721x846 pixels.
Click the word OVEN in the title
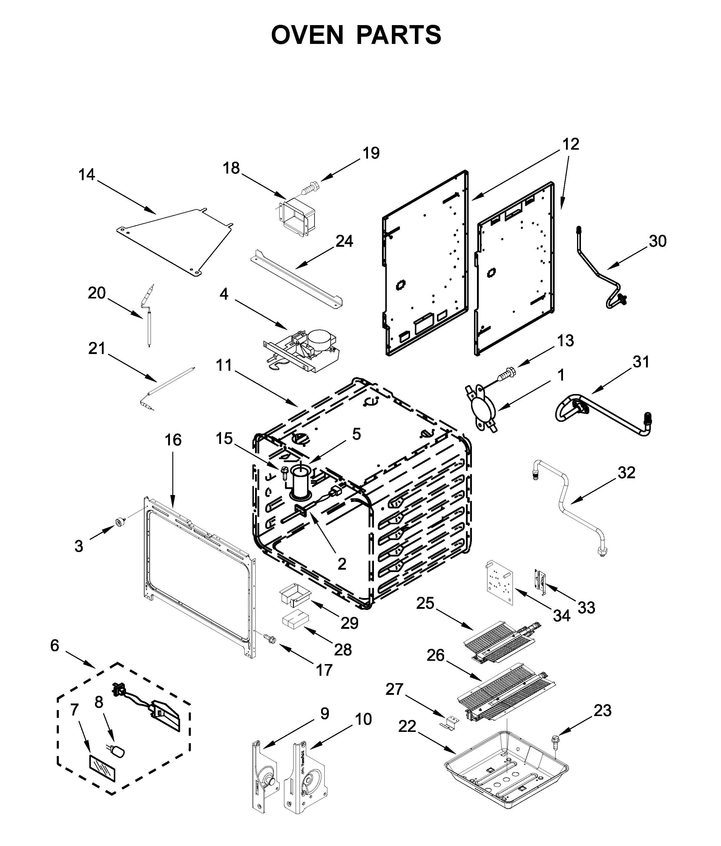pyautogui.click(x=307, y=35)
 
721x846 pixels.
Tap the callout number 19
pyautogui.click(x=371, y=153)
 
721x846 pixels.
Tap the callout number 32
pyautogui.click(x=626, y=473)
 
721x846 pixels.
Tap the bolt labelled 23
pyautogui.click(x=556, y=740)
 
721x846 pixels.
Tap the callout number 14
pyautogui.click(x=87, y=175)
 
